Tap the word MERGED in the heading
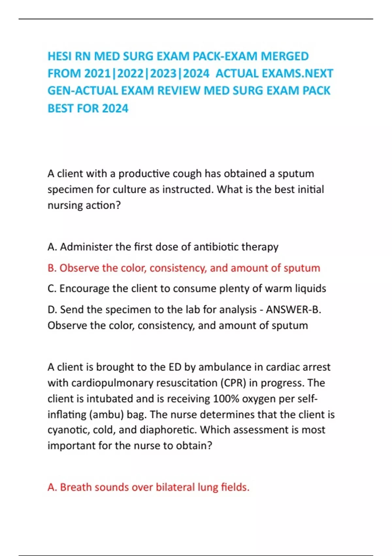coord(285,56)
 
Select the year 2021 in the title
coord(97,74)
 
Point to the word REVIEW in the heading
coord(178,91)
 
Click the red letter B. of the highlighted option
coord(52,268)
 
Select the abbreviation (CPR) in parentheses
coord(233,383)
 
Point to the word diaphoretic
coord(168,430)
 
